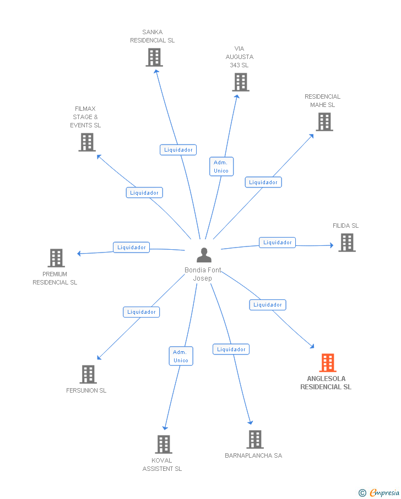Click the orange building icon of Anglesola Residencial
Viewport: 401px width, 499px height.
coord(328,362)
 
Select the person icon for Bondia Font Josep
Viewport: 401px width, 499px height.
coord(204,255)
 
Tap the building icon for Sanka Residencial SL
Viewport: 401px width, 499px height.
coord(154,57)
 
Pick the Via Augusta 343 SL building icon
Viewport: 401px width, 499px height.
coord(241,82)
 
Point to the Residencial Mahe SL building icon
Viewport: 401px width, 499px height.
coord(324,122)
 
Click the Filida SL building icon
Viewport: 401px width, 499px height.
coord(347,243)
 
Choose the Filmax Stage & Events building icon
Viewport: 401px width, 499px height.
coord(87,142)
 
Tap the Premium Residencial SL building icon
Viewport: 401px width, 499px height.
coord(56,258)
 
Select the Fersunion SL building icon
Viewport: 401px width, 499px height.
coord(88,374)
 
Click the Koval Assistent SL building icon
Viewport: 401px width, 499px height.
coord(164,444)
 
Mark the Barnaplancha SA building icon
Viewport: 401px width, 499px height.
coord(255,439)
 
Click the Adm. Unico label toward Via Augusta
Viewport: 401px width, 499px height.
coord(221,167)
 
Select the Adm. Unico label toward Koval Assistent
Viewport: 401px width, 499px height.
coord(181,356)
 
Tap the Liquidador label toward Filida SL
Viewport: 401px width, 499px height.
coord(277,243)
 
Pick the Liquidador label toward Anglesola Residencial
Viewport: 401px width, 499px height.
coord(268,305)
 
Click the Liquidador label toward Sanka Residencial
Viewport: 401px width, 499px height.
coord(178,150)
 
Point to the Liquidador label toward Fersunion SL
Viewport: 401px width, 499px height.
coord(142,312)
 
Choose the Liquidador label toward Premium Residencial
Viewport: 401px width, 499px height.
coord(131,247)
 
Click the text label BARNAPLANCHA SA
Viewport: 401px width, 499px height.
coord(253,455)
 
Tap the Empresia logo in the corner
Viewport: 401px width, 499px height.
coord(379,492)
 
